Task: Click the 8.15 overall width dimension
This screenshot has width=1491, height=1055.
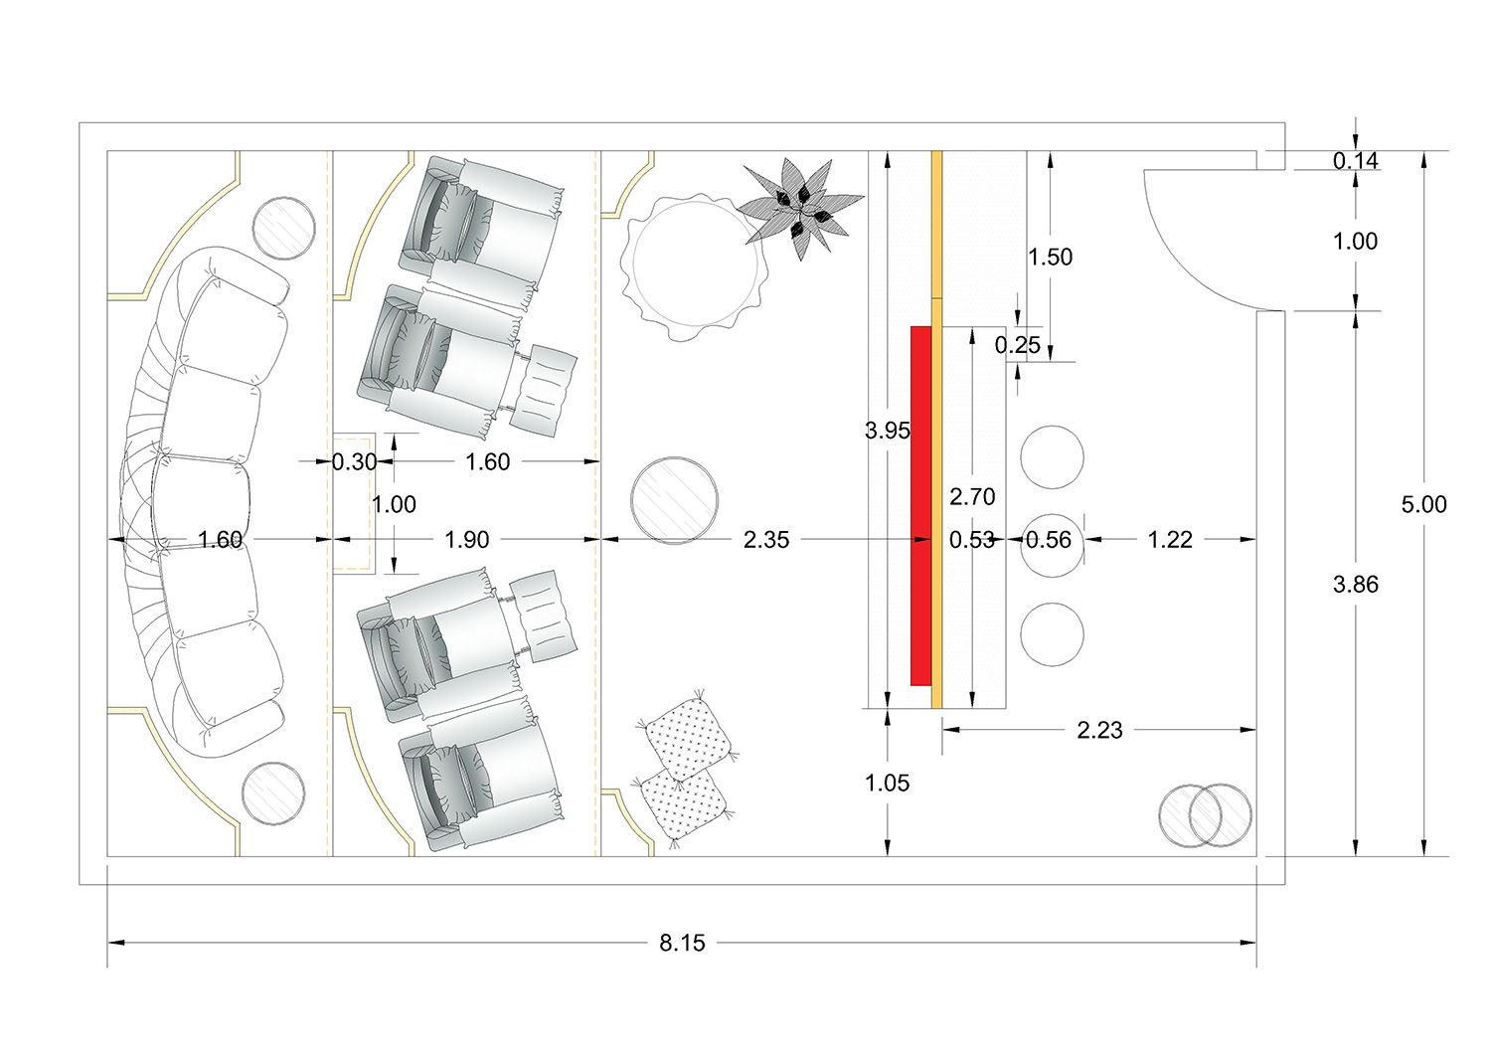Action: pyautogui.click(x=682, y=943)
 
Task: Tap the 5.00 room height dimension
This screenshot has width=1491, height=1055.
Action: pyautogui.click(x=1423, y=504)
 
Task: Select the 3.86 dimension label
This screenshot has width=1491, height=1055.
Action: pyautogui.click(x=1355, y=584)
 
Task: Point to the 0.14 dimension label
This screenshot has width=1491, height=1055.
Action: pyautogui.click(x=1355, y=160)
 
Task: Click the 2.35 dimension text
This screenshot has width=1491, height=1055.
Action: pyautogui.click(x=766, y=540)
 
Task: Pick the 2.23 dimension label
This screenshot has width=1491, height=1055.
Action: pyautogui.click(x=1099, y=730)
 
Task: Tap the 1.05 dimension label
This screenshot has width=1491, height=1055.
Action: pyautogui.click(x=888, y=784)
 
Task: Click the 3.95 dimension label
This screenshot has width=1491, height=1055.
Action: pyautogui.click(x=888, y=431)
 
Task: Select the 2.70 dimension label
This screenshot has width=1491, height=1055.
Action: pyautogui.click(x=972, y=496)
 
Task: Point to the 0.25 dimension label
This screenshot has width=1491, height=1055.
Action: pyautogui.click(x=1017, y=345)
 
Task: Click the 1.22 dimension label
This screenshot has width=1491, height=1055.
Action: pyautogui.click(x=1170, y=540)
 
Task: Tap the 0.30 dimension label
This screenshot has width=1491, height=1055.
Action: pyautogui.click(x=354, y=461)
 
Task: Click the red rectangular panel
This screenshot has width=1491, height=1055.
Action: pyautogui.click(x=921, y=505)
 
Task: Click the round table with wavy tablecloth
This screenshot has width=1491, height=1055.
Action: pyautogui.click(x=694, y=266)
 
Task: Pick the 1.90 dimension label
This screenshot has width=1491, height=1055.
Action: pyautogui.click(x=466, y=540)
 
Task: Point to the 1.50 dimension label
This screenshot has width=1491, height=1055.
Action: pyautogui.click(x=1051, y=258)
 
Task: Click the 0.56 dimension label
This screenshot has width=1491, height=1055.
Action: pyautogui.click(x=1049, y=540)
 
